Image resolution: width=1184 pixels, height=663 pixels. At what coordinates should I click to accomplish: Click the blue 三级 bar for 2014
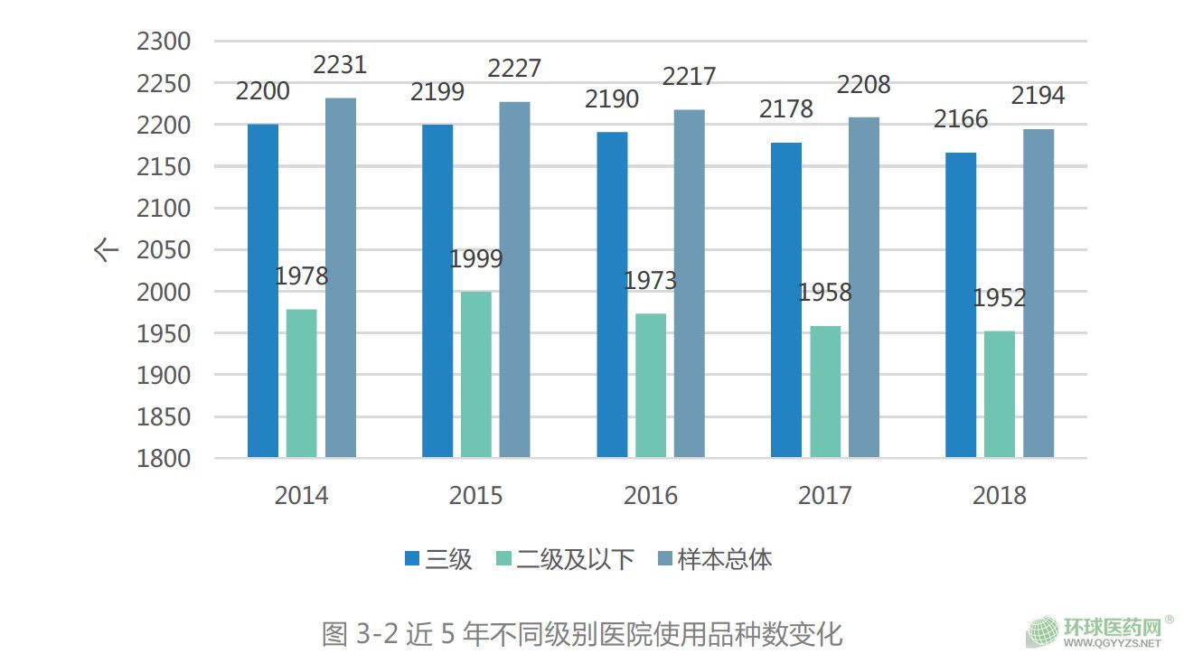pos(263,290)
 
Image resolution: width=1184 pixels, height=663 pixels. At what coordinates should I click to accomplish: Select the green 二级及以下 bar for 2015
pos(476,374)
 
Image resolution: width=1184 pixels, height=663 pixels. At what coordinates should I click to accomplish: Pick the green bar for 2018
pos(1000,394)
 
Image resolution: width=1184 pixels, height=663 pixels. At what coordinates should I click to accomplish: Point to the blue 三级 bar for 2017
pos(786,300)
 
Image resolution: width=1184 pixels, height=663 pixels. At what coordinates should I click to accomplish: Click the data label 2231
pos(340,65)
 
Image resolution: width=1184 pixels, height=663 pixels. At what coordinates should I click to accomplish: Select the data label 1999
pos(476,259)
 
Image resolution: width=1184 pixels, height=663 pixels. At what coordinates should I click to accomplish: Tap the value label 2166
pos(962,119)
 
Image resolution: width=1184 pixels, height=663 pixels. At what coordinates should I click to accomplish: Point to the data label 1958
pos(825,293)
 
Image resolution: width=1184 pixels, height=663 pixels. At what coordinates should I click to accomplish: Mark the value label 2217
pos(689,78)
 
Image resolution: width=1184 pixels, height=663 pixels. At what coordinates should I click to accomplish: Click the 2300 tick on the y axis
pos(164,42)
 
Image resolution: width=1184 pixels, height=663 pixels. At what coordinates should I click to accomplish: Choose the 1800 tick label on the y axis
pos(164,459)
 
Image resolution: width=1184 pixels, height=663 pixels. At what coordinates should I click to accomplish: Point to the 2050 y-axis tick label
pos(164,250)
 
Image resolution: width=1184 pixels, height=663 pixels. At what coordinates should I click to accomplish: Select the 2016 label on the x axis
pos(651,496)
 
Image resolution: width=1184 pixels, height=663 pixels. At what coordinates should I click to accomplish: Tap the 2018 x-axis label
pos(1000,496)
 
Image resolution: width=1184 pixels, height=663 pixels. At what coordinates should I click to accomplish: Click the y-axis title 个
pos(107,250)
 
